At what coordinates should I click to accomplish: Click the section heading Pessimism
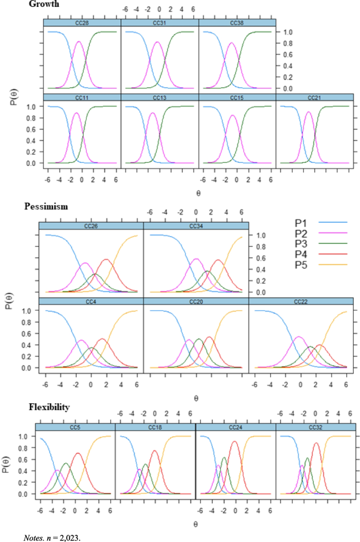click(46, 206)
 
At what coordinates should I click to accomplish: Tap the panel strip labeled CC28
click(82, 23)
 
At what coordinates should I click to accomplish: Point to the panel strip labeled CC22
click(301, 301)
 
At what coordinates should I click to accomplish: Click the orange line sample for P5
click(333, 265)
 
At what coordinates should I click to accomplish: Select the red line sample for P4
click(333, 254)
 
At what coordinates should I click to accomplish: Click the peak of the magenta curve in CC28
click(79, 41)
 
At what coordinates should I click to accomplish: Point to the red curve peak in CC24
click(234, 441)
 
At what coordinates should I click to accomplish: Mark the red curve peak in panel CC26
click(106, 259)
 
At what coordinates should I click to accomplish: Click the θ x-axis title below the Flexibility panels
click(195, 524)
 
